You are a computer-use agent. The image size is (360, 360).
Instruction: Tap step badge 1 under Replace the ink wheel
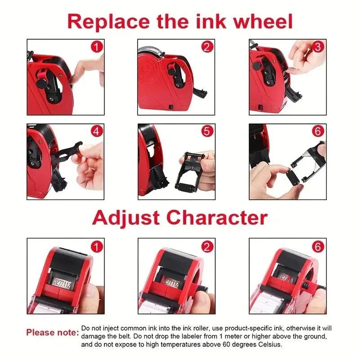coord(97,46)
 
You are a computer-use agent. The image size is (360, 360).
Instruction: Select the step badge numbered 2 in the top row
coord(207,46)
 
